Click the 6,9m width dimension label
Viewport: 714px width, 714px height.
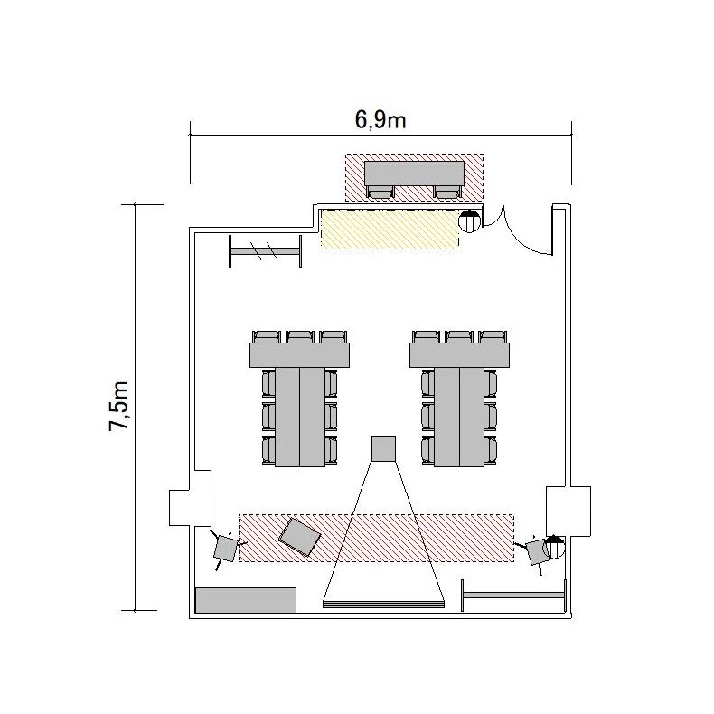coord(380,120)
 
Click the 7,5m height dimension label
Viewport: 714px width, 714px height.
coord(119,406)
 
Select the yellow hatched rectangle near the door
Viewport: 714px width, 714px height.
coord(390,229)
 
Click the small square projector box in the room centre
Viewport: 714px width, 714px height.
coord(383,448)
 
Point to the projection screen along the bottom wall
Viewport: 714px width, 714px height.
coord(383,605)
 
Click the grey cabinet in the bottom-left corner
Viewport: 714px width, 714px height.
coord(246,600)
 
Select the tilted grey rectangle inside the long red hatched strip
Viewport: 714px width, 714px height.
coord(300,537)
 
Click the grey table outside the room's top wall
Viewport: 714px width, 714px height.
coord(414,173)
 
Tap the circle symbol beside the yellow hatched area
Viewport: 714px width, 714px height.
coord(469,221)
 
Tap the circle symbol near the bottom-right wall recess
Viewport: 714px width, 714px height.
coord(554,548)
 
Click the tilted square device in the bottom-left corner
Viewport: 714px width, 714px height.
coord(225,548)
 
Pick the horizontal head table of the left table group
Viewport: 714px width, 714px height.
coord(300,355)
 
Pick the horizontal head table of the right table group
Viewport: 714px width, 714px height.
coord(459,355)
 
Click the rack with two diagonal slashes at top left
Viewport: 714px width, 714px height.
coord(265,251)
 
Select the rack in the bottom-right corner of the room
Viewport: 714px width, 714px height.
coord(513,596)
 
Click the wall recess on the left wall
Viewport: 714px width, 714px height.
coord(191,499)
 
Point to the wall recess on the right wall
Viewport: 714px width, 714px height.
coord(568,511)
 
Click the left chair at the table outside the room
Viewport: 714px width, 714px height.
coord(380,192)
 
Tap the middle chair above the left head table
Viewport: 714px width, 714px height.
coord(300,337)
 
